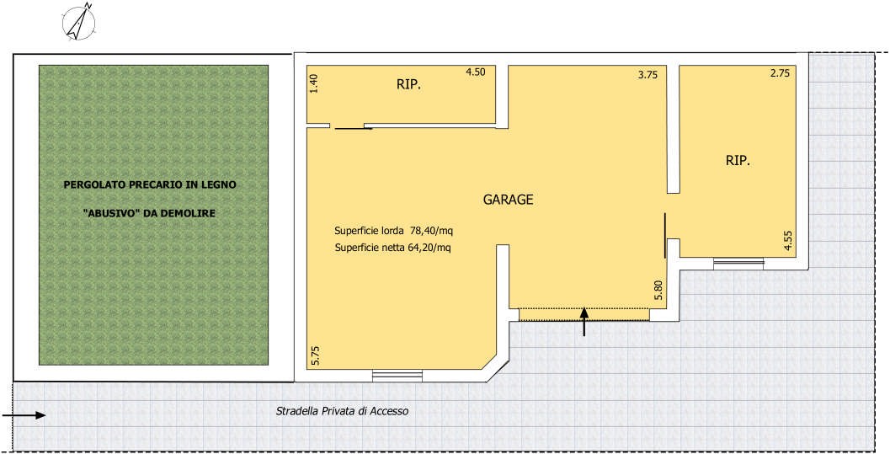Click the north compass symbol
(x=78, y=22)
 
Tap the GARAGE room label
(x=508, y=200)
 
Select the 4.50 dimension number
(x=476, y=72)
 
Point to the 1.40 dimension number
(x=315, y=84)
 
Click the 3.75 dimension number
(x=648, y=74)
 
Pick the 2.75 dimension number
(x=780, y=73)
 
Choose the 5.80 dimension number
(x=658, y=291)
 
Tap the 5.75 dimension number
(x=316, y=355)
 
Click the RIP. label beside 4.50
(x=408, y=86)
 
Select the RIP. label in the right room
(x=738, y=161)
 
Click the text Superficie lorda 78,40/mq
(x=394, y=231)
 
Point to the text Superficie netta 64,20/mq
(x=392, y=248)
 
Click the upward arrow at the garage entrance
(x=584, y=321)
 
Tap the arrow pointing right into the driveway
(x=24, y=415)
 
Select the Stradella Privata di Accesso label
(x=342, y=411)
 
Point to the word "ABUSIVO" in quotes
(x=105, y=214)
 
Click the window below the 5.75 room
(x=397, y=376)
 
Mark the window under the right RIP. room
(x=738, y=264)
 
